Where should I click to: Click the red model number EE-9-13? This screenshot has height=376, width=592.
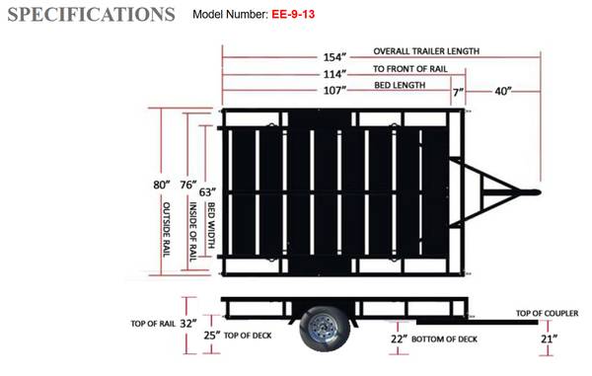[x=293, y=15]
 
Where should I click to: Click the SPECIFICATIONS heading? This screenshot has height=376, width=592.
[x=91, y=15]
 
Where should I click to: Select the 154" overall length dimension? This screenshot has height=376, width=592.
[x=334, y=57]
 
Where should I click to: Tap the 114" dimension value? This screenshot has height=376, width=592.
[x=334, y=74]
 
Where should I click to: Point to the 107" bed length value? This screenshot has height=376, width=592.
[x=334, y=91]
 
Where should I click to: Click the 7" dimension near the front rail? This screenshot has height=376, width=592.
[x=458, y=92]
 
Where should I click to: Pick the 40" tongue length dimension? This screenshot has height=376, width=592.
[x=503, y=91]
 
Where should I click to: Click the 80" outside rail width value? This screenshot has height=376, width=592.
[x=162, y=185]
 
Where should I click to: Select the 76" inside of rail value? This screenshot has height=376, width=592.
[x=188, y=185]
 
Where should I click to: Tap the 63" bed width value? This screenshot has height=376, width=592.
[x=207, y=192]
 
